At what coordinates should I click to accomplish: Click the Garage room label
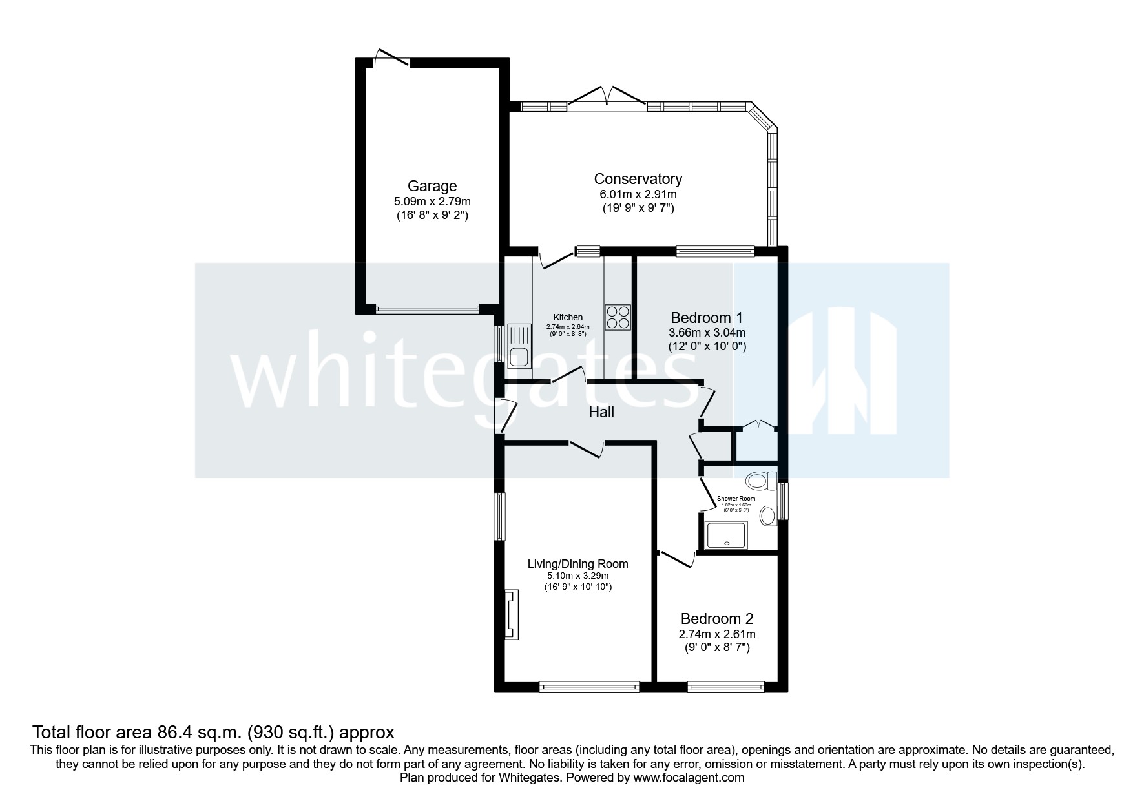(x=432, y=186)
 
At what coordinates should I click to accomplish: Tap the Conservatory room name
(x=638, y=179)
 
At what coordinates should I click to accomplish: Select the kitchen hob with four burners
(x=618, y=317)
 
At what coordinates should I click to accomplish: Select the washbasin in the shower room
(x=768, y=515)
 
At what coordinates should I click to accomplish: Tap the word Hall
(x=601, y=412)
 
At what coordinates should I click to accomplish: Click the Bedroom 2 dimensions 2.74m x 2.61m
(x=716, y=634)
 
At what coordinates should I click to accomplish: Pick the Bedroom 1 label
(x=707, y=318)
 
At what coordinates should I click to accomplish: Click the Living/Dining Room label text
(x=577, y=563)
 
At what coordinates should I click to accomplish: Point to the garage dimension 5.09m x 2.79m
(x=432, y=202)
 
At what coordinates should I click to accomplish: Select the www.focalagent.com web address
(x=689, y=778)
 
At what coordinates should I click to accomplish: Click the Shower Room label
(x=736, y=499)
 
